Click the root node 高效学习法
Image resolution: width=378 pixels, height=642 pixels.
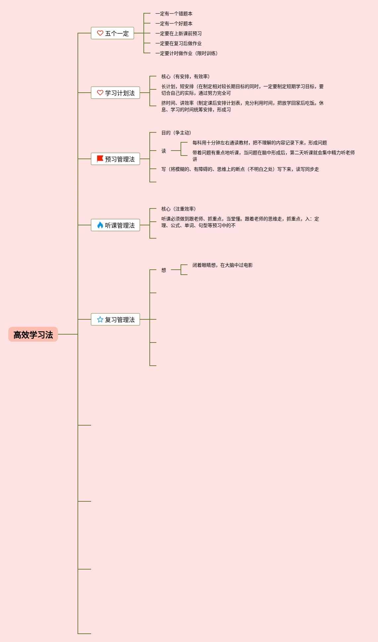(x=33, y=335)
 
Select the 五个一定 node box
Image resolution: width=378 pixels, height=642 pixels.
(x=113, y=33)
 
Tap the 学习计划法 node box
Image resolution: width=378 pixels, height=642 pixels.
(x=115, y=93)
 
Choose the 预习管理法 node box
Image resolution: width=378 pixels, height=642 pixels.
(x=115, y=159)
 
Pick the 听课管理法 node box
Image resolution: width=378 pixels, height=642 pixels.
(x=115, y=225)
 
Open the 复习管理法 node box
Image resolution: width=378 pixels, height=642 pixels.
(x=115, y=319)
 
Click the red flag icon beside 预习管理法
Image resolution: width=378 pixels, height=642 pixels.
(x=100, y=159)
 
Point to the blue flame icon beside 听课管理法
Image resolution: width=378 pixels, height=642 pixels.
(x=100, y=225)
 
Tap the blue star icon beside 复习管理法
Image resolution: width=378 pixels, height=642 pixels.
(x=100, y=319)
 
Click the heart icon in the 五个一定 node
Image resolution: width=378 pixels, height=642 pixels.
(x=100, y=33)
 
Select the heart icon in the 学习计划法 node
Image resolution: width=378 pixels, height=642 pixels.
(x=100, y=93)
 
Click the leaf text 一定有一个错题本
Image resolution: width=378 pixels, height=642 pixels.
(x=174, y=14)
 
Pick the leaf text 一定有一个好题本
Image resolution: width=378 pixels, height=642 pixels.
(x=174, y=23)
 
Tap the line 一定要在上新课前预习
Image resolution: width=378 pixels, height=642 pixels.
(x=179, y=33)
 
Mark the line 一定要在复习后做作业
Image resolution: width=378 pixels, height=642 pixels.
(x=179, y=43)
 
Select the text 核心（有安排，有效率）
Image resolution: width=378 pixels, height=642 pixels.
(x=186, y=76)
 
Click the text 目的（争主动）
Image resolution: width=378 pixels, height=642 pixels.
(x=176, y=133)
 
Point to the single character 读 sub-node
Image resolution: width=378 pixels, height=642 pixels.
(x=164, y=151)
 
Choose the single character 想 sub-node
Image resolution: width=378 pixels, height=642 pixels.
(x=164, y=270)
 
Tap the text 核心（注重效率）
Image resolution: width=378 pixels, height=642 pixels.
(x=179, y=209)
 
